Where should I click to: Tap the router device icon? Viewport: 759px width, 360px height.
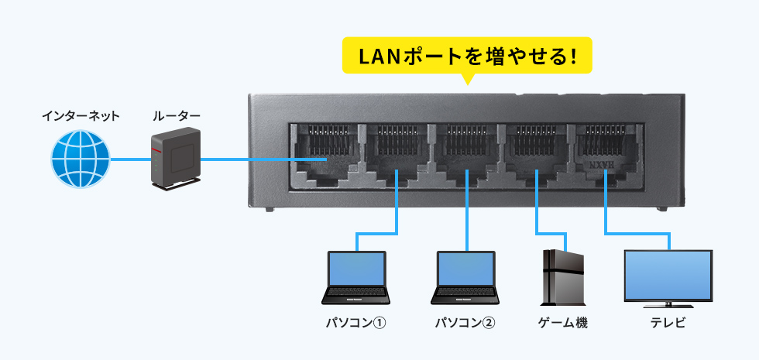pos(175,159)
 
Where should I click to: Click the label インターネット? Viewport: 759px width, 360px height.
pos(81,116)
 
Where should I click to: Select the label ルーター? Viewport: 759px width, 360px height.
pos(176,116)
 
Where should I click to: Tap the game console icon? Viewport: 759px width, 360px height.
pos(563,276)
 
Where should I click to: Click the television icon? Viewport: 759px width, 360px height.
pos(668,276)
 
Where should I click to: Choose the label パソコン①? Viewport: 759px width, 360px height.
pos(355,322)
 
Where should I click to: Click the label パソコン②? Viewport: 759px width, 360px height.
pos(465,322)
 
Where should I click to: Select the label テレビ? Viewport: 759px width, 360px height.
pos(668,322)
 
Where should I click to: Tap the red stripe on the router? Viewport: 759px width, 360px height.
pos(159,142)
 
